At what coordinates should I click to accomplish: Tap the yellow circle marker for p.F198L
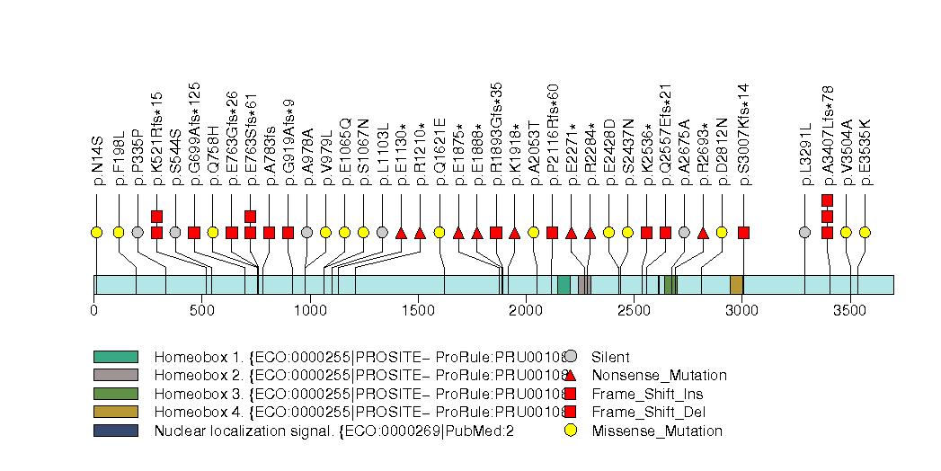(x=119, y=233)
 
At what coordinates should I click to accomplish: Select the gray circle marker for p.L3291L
(x=805, y=233)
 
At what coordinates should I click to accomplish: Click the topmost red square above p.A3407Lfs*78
(x=827, y=200)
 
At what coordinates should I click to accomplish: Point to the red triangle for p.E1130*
(x=401, y=233)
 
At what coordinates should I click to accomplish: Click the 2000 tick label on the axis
(x=526, y=311)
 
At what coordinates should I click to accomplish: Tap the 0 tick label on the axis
(x=94, y=311)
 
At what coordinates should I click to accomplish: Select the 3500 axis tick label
(x=849, y=311)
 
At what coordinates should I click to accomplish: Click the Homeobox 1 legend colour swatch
(x=115, y=357)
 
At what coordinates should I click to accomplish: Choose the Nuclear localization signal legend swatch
(x=115, y=431)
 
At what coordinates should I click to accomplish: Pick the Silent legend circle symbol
(x=570, y=357)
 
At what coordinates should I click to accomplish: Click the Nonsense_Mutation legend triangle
(x=570, y=375)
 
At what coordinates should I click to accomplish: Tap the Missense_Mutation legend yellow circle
(x=570, y=431)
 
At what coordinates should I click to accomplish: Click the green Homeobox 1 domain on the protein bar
(x=564, y=285)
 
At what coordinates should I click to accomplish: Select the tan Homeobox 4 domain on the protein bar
(x=736, y=285)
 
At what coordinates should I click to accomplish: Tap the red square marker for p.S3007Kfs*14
(x=743, y=233)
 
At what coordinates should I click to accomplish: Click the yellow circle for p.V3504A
(x=846, y=233)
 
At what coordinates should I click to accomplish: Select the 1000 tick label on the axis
(x=310, y=311)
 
